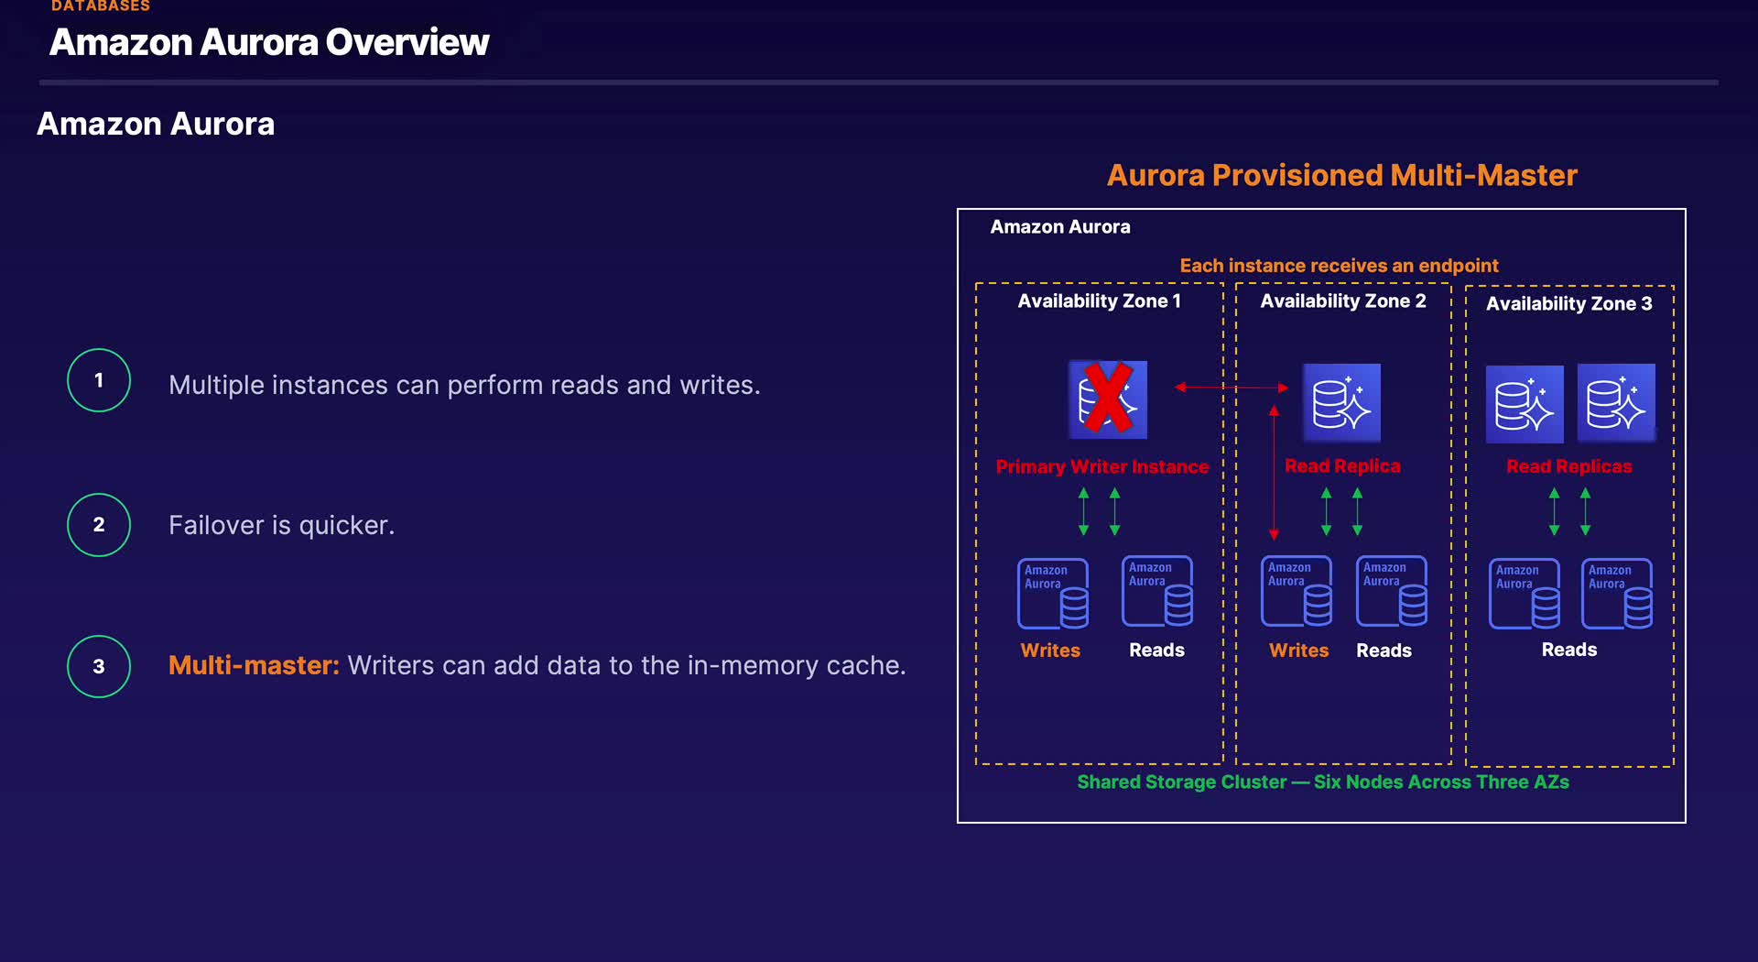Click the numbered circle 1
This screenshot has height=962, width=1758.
tap(99, 380)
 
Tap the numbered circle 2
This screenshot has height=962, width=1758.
tap(99, 525)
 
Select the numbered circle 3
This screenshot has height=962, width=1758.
tap(99, 666)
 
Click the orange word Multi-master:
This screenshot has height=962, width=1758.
tap(254, 665)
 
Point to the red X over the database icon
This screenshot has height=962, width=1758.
tap(1108, 399)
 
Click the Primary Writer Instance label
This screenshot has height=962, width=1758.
tap(1102, 467)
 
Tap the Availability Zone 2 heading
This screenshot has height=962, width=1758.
tap(1343, 301)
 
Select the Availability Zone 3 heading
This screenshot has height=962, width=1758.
tap(1568, 304)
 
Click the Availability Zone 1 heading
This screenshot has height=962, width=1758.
tap(1099, 301)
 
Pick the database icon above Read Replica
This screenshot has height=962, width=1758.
tap(1341, 403)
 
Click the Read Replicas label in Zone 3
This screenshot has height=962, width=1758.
tap(1568, 466)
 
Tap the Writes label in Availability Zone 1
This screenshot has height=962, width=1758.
tap(1050, 650)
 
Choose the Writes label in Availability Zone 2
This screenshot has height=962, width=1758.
tap(1298, 650)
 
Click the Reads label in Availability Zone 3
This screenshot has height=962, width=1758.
tap(1568, 650)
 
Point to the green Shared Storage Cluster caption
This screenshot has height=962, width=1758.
tap(1322, 782)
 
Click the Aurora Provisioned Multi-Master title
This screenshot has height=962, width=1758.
tap(1341, 175)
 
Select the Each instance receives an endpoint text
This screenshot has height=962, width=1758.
tap(1339, 266)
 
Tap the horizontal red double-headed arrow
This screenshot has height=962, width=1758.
tap(1232, 388)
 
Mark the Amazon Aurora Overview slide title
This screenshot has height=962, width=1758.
tap(269, 42)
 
